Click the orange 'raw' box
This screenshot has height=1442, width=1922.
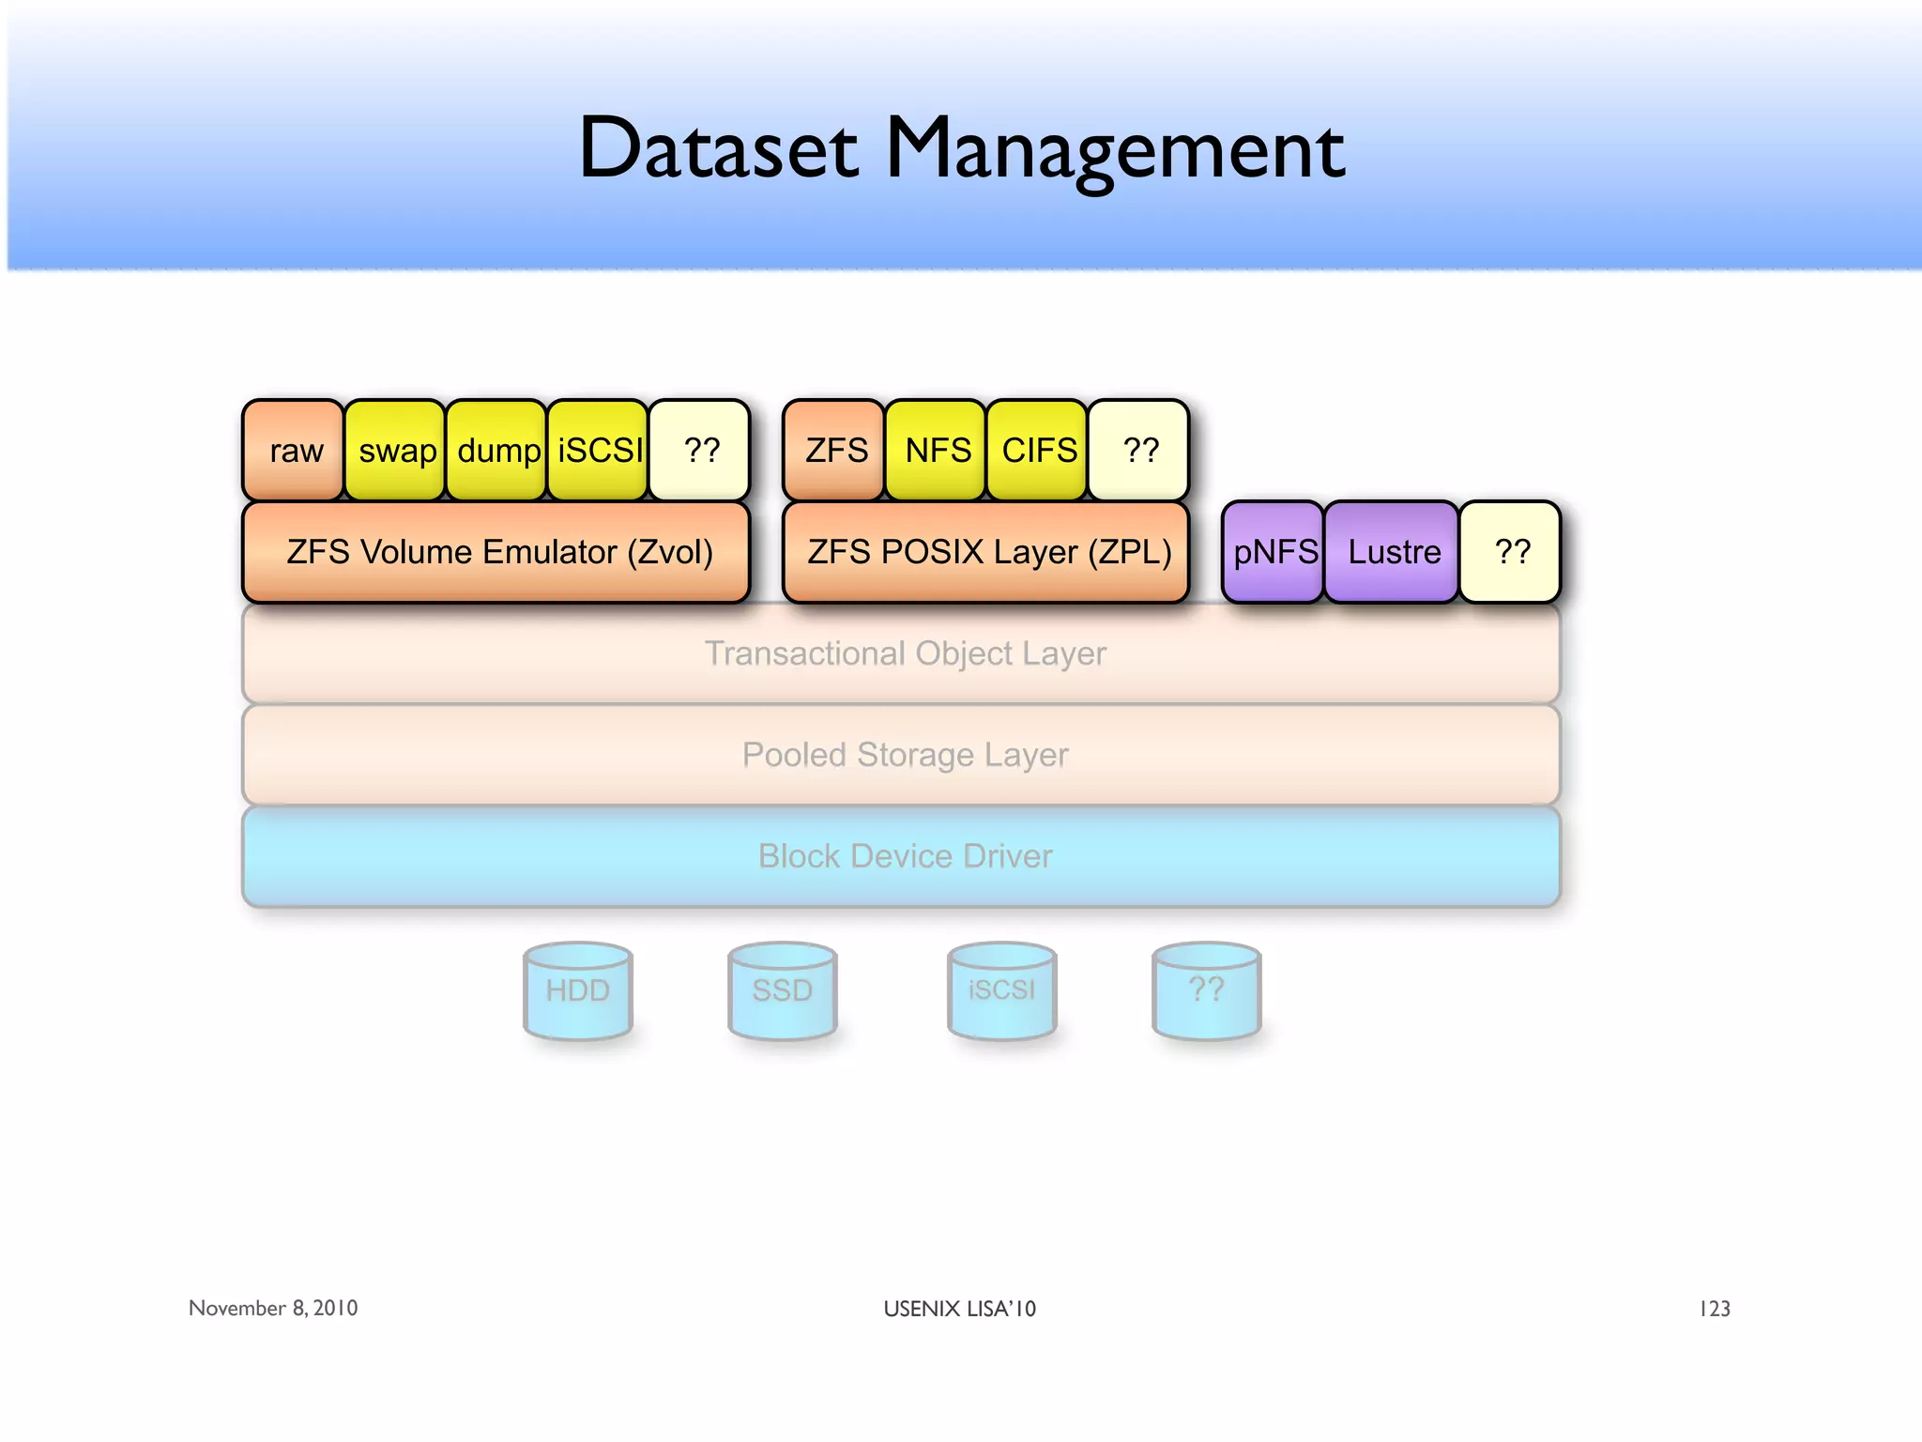click(x=294, y=451)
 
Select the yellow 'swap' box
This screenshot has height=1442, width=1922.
click(x=395, y=451)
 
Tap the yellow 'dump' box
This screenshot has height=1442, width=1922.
click(x=496, y=451)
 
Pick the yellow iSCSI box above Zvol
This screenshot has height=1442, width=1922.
click(x=599, y=451)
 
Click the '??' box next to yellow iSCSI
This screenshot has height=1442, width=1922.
click(x=700, y=451)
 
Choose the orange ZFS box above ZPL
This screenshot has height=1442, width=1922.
click(x=834, y=451)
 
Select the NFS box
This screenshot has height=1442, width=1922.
click(x=937, y=451)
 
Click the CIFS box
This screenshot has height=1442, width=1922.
click(x=1038, y=451)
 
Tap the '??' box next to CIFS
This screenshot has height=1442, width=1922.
click(x=1139, y=451)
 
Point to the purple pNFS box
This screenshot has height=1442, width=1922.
click(x=1274, y=552)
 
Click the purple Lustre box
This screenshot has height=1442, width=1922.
click(x=1393, y=552)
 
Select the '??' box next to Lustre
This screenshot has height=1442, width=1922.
click(x=1511, y=552)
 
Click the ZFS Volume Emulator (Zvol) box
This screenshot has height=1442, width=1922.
click(x=497, y=552)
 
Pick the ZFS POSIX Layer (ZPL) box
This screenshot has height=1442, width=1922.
click(x=987, y=552)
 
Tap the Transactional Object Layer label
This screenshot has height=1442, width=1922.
click(x=905, y=653)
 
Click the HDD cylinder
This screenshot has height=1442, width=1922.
click(x=578, y=991)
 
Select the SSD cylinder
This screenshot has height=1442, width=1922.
click(x=783, y=991)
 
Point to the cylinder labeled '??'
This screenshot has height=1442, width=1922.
click(x=1207, y=991)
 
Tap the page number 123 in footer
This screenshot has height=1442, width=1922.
click(x=1715, y=1309)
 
